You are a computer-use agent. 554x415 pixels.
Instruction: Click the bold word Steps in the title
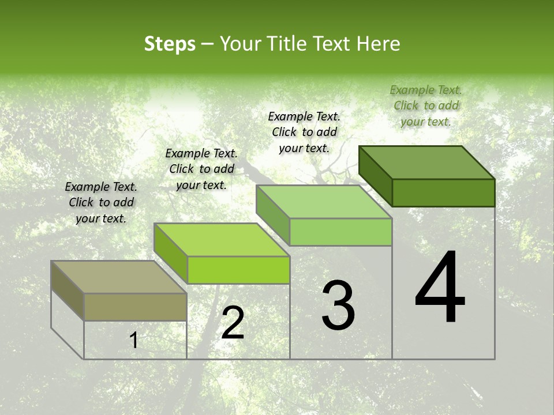(x=170, y=44)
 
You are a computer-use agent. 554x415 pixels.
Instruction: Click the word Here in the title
(x=379, y=44)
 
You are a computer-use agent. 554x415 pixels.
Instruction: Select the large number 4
(x=440, y=288)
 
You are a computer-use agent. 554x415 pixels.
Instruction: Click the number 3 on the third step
(x=338, y=305)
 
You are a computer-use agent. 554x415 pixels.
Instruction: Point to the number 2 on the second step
(x=233, y=323)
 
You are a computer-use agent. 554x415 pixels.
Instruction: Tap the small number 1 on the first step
(x=134, y=341)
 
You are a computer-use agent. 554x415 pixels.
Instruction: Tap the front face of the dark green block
(x=443, y=193)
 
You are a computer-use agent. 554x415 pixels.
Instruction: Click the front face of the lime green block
(x=238, y=270)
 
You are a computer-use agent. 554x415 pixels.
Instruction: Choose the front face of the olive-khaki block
(x=135, y=307)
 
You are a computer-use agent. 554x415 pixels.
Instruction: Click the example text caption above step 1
(x=101, y=202)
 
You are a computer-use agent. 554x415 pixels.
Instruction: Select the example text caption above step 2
(x=201, y=169)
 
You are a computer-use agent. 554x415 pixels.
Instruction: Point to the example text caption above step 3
(x=304, y=132)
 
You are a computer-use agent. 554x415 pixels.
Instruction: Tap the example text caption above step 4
(x=426, y=105)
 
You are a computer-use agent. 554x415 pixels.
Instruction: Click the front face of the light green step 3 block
(x=340, y=232)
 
